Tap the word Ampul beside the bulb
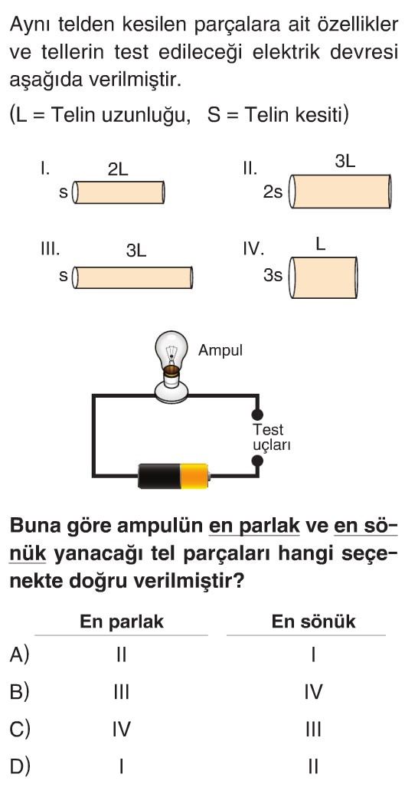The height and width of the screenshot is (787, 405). click(220, 350)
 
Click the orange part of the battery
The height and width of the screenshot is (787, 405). click(194, 476)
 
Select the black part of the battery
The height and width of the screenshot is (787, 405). click(159, 476)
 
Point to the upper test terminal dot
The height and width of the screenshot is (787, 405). click(257, 415)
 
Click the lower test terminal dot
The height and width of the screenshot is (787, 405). click(257, 461)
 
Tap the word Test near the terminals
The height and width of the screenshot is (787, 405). click(268, 430)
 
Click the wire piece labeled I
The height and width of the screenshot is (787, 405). click(119, 193)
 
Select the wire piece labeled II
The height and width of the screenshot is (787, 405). click(341, 192)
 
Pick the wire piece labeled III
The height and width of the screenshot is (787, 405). click(132, 277)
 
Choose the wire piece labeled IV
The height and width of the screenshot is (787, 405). click(323, 277)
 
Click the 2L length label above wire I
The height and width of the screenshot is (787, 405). click(118, 170)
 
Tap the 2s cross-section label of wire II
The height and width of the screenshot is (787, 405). click(273, 192)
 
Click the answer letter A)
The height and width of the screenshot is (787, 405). click(20, 654)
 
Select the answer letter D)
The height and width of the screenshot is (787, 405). click(20, 766)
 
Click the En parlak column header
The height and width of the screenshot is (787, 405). click(122, 621)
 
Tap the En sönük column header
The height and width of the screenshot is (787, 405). click(313, 621)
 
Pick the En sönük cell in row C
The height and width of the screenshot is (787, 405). click(313, 730)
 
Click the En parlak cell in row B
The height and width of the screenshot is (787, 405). click(121, 693)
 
